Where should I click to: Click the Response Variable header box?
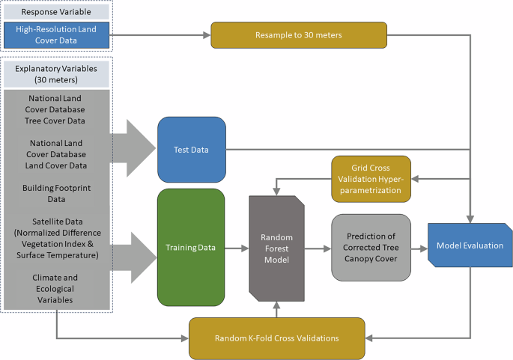[x=56, y=12]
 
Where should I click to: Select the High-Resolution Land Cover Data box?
[x=56, y=35]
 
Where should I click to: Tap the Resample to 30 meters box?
[x=298, y=34]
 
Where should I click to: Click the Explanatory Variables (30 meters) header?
[x=56, y=73]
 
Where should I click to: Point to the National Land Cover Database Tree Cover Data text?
[x=56, y=109]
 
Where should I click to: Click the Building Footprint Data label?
[x=56, y=193]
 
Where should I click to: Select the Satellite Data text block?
[x=56, y=238]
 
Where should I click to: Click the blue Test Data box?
[x=191, y=150]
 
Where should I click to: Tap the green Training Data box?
[x=191, y=247]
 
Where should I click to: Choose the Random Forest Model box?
[x=277, y=247]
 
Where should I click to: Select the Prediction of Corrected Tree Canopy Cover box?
[x=371, y=247]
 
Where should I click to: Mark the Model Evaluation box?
[x=470, y=245]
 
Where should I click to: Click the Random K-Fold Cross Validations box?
[x=276, y=338]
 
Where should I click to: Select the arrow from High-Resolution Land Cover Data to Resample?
[x=160, y=34]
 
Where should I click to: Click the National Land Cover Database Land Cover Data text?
[x=56, y=154]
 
